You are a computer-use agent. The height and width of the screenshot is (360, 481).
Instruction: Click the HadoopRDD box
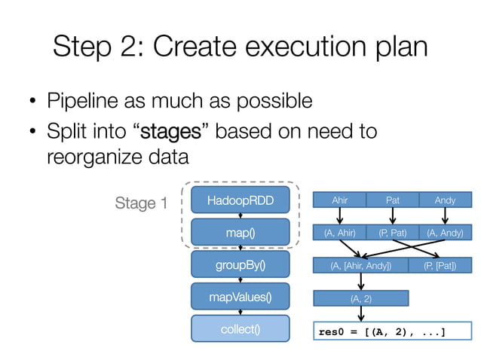(240, 201)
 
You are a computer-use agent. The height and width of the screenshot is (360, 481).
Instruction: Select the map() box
(240, 233)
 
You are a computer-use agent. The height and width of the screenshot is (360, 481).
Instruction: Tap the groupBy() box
(240, 264)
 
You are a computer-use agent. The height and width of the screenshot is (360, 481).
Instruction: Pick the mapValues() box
(240, 297)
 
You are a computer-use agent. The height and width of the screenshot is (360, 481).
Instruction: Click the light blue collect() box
(240, 329)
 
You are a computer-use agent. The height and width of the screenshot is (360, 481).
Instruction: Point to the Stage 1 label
(141, 203)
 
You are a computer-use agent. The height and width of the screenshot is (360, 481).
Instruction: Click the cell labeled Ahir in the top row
(339, 201)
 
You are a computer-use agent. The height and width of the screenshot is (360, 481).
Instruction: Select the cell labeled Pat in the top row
(392, 201)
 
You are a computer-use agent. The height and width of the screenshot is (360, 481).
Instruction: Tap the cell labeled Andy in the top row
(445, 201)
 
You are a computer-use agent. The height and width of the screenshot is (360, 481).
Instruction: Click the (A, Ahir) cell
(339, 233)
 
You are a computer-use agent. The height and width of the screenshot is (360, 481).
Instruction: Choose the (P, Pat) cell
(392, 233)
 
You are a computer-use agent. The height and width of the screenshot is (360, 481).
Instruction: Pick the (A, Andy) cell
(445, 233)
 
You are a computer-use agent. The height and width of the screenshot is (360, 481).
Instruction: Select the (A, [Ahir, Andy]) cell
(360, 265)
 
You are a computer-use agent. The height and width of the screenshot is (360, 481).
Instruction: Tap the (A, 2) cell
(360, 298)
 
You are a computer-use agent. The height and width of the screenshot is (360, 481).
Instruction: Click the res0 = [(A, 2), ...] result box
(392, 331)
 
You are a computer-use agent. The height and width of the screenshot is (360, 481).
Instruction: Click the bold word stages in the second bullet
(170, 133)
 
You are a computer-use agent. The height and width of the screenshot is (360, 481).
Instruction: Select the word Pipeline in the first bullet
(84, 100)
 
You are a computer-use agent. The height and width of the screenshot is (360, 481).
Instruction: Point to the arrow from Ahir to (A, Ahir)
(339, 217)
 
